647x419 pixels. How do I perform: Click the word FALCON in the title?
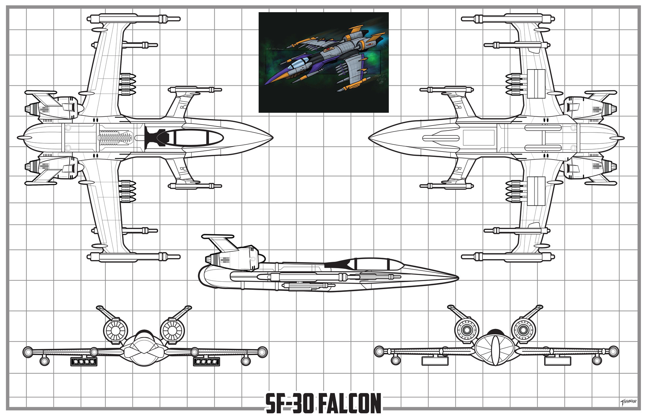pos(349,403)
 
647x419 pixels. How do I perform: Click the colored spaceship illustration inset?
pos(323,62)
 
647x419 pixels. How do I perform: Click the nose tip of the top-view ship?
pos(271,138)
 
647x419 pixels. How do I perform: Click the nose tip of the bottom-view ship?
pos(370,138)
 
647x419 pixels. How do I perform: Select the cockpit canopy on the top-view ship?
pos(199,137)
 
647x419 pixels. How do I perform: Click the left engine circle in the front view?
pos(115,330)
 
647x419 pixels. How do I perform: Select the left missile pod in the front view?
pos(83,362)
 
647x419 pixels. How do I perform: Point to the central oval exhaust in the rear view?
pos(495,349)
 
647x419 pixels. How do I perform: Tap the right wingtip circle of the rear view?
pos(613,351)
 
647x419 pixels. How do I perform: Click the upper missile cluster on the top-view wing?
pos(128,83)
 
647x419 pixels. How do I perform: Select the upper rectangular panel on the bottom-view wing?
pos(536,84)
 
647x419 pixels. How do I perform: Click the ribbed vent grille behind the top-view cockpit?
pos(115,138)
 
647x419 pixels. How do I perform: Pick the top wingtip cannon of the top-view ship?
pos(135,19)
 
